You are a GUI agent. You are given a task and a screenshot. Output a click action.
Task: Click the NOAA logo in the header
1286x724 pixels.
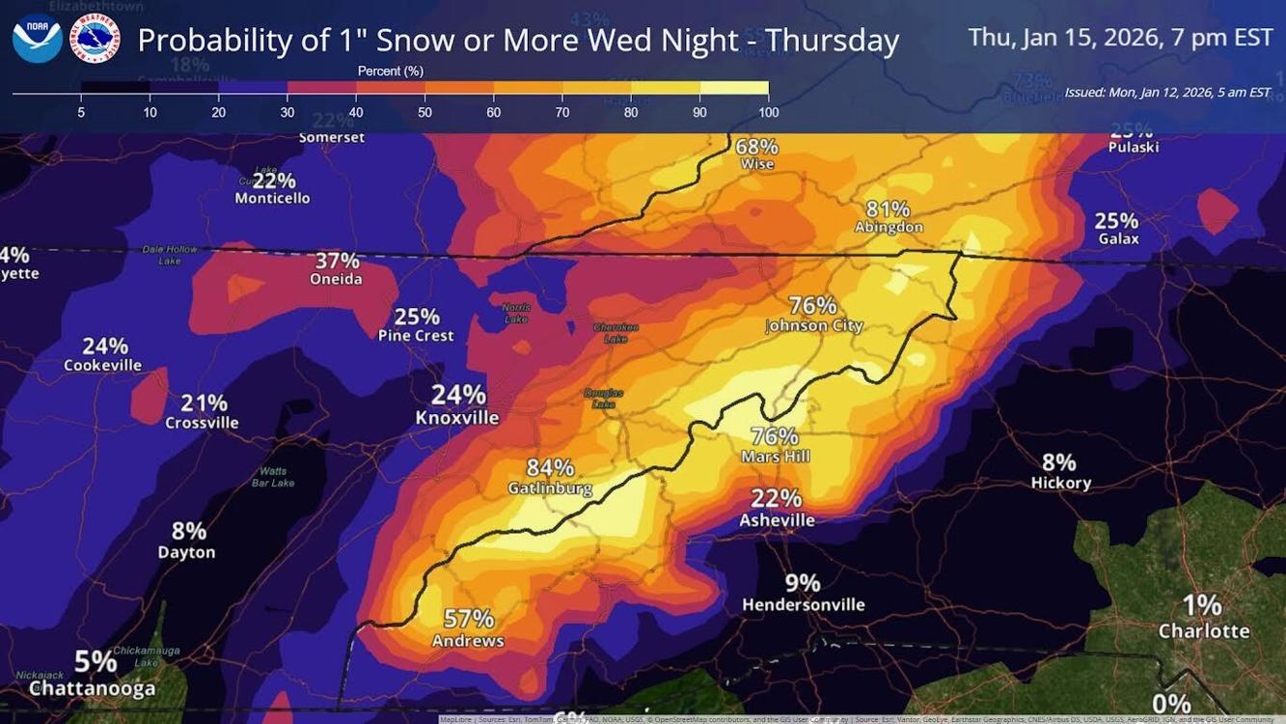click(37, 40)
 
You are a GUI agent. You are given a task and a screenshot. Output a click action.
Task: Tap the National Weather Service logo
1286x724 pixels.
click(96, 40)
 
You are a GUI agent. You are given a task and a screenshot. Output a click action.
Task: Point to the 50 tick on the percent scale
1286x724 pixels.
click(424, 112)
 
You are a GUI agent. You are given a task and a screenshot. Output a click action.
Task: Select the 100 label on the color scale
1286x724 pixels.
click(768, 112)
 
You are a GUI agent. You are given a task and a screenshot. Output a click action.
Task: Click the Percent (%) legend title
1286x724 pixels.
click(390, 71)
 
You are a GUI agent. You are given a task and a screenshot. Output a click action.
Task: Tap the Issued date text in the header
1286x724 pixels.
click(1166, 93)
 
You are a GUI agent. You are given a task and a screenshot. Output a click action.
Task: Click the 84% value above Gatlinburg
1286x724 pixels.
click(550, 468)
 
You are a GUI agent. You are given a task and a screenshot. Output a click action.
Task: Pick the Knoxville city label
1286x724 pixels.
click(457, 418)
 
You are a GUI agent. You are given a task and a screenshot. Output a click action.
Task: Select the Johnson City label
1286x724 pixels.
click(813, 326)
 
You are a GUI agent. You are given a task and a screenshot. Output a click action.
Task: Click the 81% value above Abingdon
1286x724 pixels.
click(888, 209)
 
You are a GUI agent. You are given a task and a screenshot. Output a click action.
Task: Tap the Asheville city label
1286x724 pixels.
click(777, 520)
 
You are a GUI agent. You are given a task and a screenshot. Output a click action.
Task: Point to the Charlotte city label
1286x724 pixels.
click(1203, 631)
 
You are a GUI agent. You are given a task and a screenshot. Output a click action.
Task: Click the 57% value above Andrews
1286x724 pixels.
click(469, 619)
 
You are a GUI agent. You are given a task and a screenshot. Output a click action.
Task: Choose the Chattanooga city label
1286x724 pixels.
click(92, 688)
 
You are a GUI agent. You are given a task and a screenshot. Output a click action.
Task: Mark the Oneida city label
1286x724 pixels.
click(337, 279)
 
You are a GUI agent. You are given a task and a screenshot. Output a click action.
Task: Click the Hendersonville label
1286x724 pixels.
click(803, 605)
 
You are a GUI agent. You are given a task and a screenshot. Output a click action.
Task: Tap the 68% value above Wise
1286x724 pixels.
click(756, 147)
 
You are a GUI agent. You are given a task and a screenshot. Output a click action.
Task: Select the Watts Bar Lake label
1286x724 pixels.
click(274, 476)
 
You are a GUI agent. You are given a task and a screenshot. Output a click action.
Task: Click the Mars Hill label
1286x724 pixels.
click(775, 457)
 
